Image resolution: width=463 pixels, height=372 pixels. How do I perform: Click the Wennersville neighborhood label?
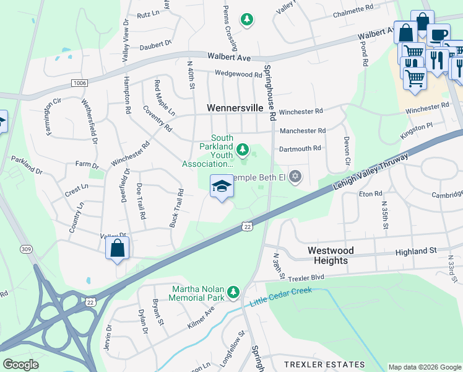click(235, 108)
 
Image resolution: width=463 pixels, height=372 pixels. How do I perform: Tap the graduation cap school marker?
click(221, 186)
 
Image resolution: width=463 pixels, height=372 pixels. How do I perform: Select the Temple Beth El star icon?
click(295, 178)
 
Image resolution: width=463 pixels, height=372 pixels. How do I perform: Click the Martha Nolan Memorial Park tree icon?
click(233, 291)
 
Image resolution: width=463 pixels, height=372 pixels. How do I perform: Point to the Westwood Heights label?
click(331, 255)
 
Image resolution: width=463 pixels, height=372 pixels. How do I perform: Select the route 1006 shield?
click(80, 82)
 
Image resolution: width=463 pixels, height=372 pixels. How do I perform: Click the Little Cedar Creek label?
click(281, 297)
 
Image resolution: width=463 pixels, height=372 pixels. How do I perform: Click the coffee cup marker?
click(439, 35)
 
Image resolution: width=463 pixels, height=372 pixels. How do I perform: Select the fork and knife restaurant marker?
click(439, 60)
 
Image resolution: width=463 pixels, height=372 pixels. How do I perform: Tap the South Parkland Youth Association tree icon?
click(243, 149)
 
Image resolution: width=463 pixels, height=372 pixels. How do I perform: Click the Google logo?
click(21, 364)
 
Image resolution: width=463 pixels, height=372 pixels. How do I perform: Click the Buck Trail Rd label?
click(176, 207)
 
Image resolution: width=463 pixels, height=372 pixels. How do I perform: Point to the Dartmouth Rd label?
click(300, 148)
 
